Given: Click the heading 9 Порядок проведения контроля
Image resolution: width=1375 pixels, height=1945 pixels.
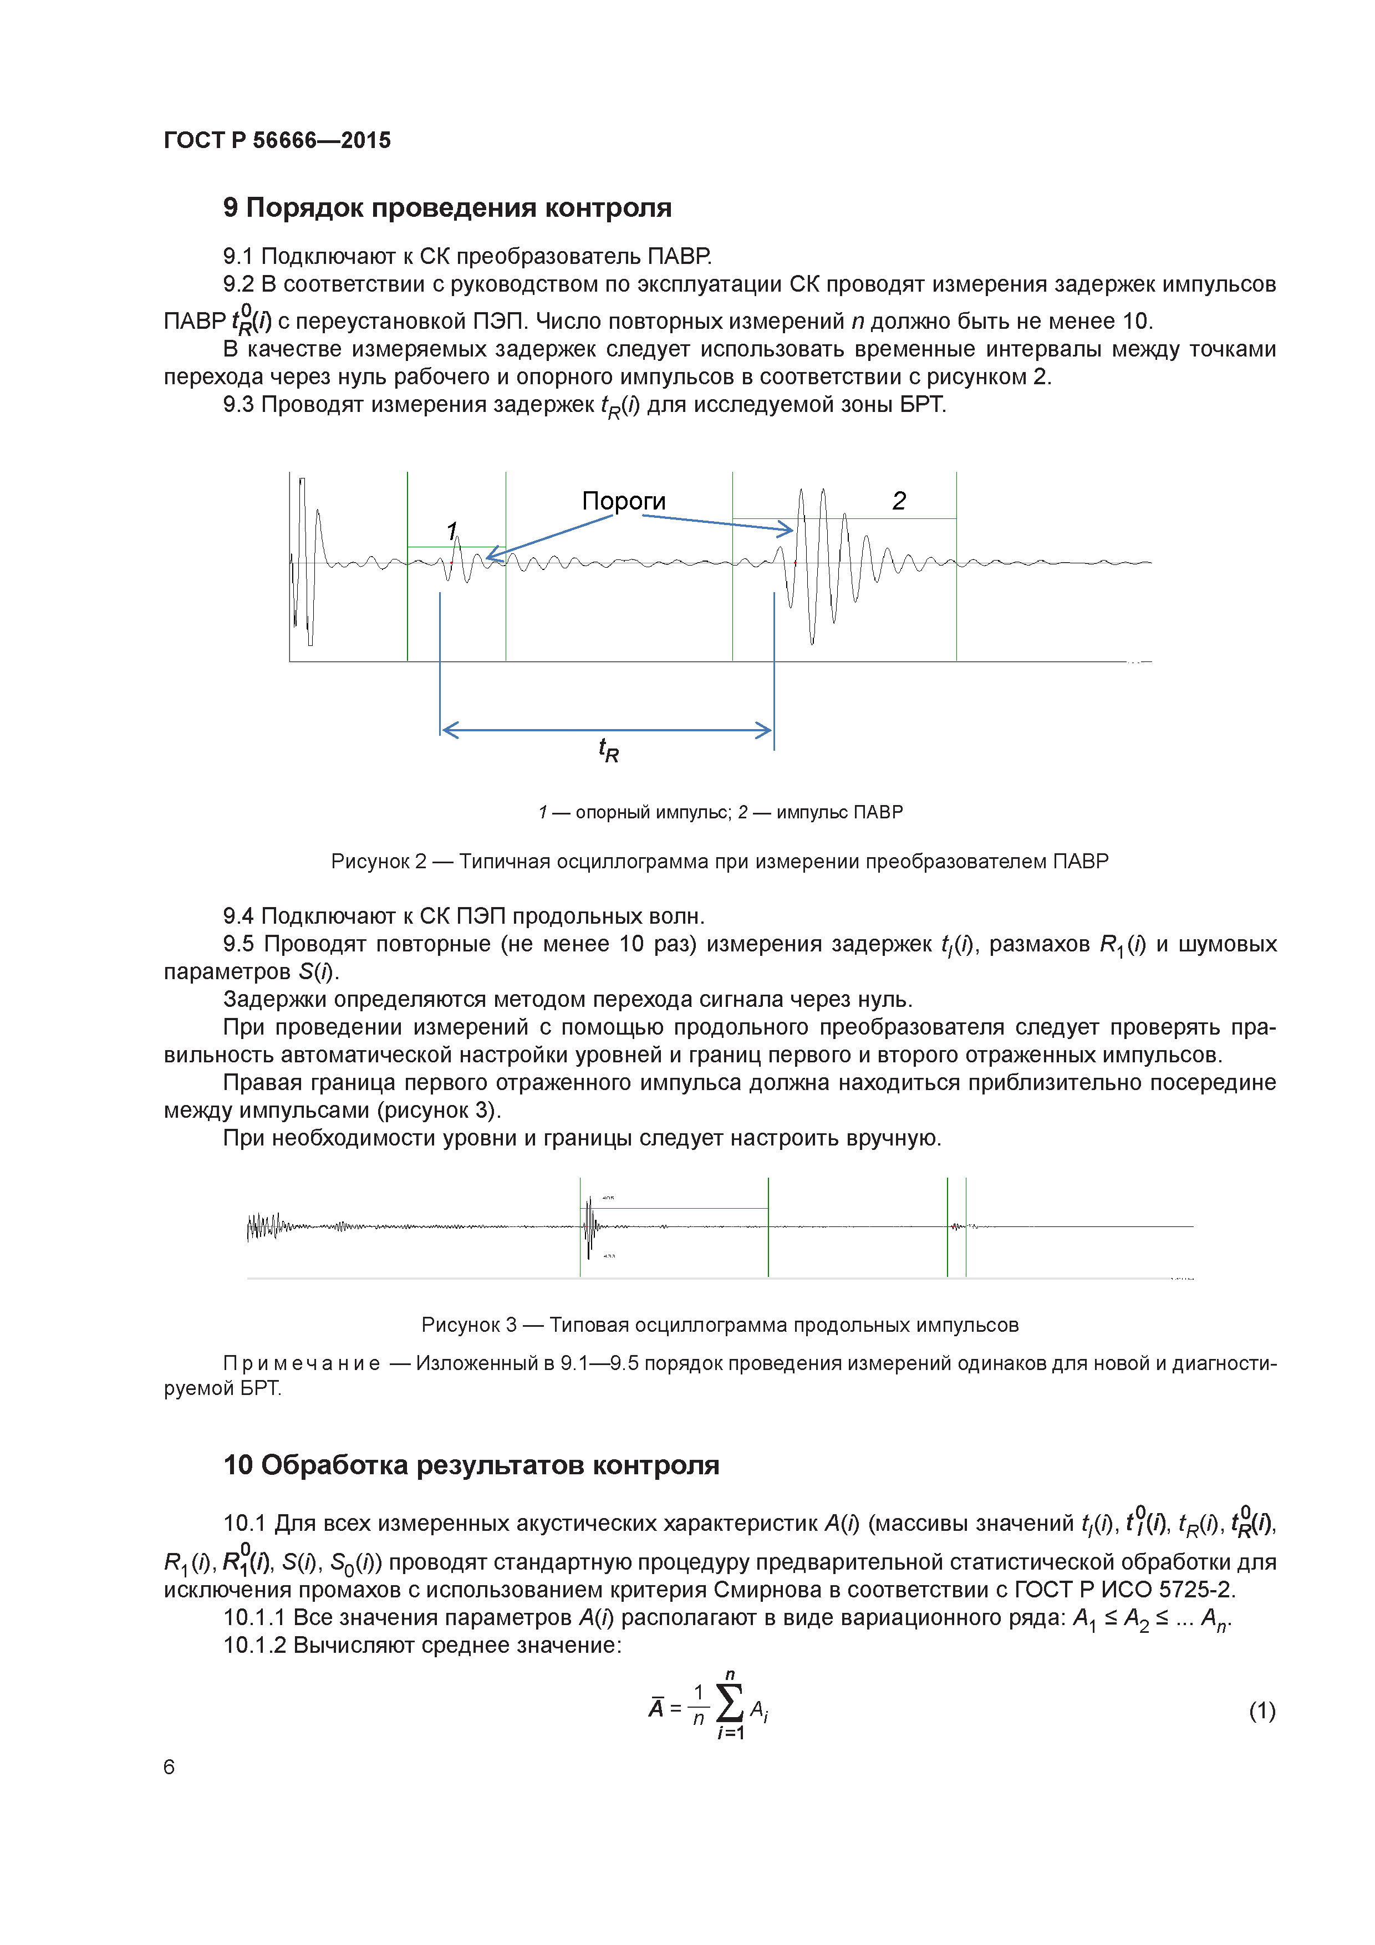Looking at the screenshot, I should [446, 207].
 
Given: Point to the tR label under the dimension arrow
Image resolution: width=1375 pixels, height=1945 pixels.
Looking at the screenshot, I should [608, 750].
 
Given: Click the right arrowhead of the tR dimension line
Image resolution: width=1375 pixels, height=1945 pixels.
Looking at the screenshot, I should [764, 730].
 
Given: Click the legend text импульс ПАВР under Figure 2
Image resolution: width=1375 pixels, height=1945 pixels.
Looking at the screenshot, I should [839, 812].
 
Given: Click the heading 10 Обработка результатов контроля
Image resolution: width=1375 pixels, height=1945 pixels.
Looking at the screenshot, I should [471, 1465].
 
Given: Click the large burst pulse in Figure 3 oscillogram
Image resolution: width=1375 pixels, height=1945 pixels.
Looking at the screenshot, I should [590, 1226].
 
